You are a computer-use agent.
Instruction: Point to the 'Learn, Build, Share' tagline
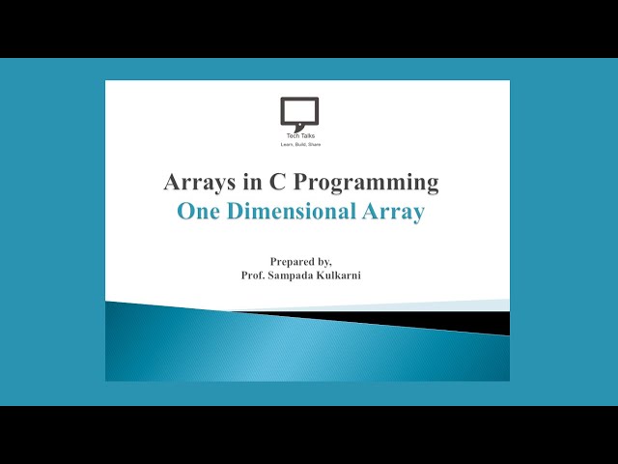tap(299, 145)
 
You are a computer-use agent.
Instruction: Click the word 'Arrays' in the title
tap(195, 182)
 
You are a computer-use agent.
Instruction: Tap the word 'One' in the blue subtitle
tap(199, 213)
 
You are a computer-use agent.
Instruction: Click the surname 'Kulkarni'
tap(350, 275)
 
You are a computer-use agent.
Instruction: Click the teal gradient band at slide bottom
tap(290, 348)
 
